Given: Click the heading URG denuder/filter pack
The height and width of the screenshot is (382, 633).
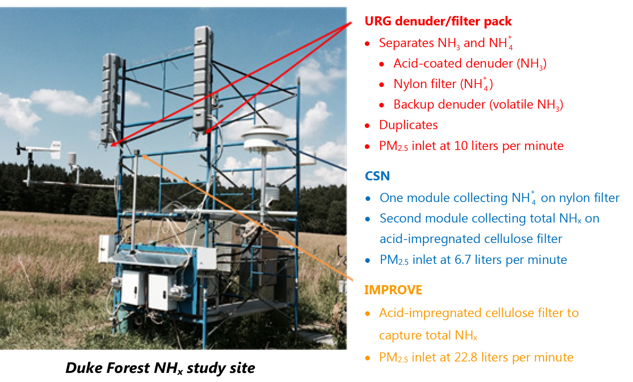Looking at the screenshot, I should tap(438, 21).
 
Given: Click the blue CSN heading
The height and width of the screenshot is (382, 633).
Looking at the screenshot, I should tap(377, 176).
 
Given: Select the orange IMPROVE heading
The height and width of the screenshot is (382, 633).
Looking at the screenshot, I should tap(393, 290).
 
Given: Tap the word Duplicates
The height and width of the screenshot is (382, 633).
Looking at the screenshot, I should tap(408, 125).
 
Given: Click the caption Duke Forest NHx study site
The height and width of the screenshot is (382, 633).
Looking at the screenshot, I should tap(160, 368).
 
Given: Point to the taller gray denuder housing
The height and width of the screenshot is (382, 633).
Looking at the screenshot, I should tap(202, 78).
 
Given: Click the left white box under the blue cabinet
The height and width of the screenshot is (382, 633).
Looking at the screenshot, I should tap(133, 289).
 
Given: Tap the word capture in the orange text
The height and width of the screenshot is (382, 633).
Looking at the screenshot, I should tap(400, 335).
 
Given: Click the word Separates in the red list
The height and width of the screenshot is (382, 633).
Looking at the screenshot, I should tap(406, 43).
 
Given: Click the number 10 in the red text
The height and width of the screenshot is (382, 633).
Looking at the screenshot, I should tap(461, 146).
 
